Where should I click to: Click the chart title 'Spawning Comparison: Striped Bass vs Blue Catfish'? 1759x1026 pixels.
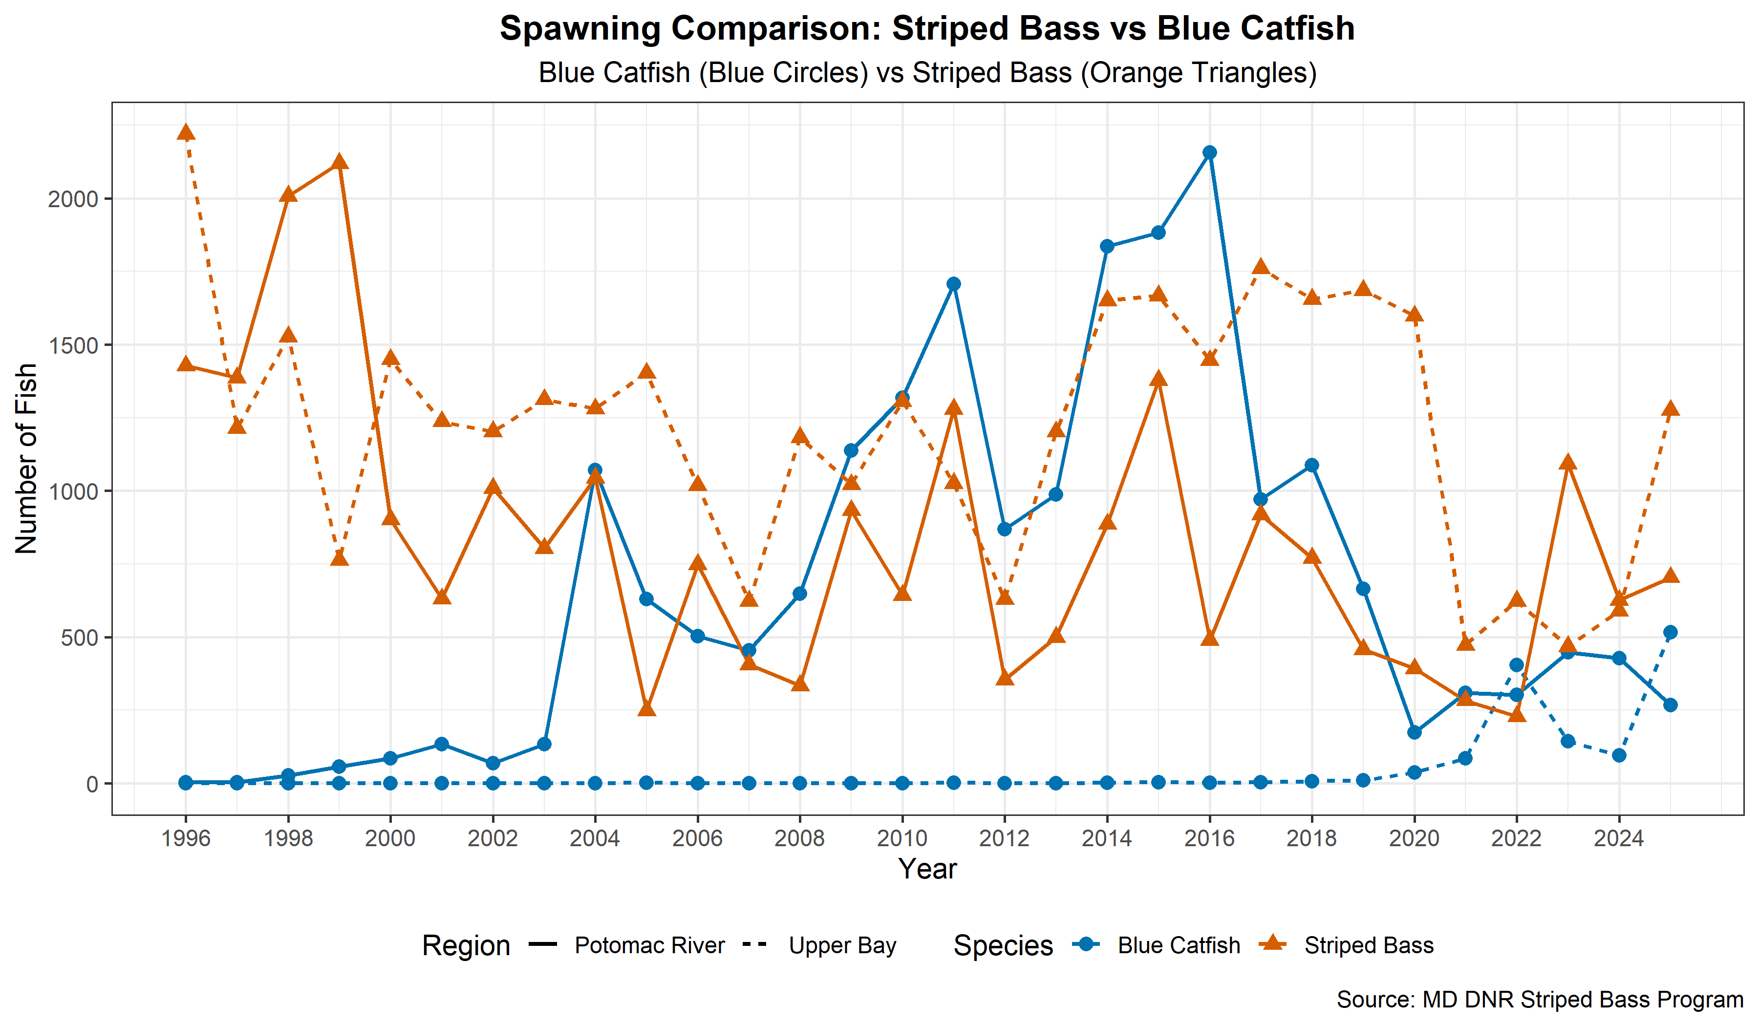(927, 29)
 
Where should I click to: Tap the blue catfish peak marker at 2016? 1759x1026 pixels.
(1210, 153)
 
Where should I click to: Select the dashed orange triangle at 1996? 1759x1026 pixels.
(186, 132)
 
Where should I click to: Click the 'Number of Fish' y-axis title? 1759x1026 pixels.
(26, 459)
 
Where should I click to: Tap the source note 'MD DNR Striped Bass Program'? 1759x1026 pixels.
(1540, 1000)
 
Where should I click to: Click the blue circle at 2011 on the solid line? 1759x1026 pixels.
(953, 284)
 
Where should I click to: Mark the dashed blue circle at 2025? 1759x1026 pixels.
(1671, 632)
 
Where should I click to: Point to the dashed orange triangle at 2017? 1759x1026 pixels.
(1261, 267)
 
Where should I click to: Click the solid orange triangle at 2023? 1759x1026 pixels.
(1568, 463)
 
